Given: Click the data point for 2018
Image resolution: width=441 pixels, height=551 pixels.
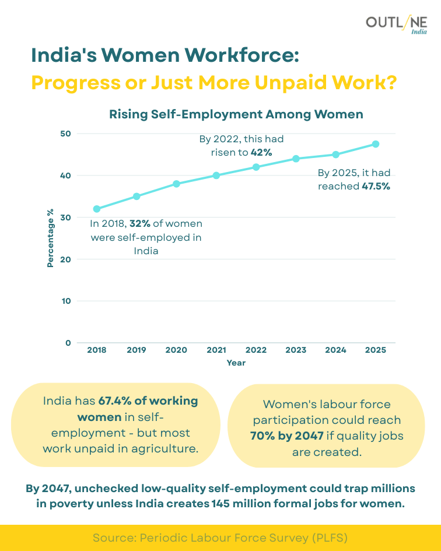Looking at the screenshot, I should point(97,209).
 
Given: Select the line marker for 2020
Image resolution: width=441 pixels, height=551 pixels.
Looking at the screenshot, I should point(176,184).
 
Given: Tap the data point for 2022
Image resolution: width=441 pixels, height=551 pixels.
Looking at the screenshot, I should point(256,167).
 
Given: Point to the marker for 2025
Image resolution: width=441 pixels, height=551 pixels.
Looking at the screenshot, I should point(376,144).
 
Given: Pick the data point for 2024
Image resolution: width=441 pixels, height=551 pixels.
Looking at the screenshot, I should point(336,155).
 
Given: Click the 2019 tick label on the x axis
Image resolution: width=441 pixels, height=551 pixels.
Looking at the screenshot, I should point(136,350).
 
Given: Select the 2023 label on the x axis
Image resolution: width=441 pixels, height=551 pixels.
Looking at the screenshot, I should point(296,350).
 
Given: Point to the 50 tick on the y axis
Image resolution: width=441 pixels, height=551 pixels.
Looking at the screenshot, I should point(65,134).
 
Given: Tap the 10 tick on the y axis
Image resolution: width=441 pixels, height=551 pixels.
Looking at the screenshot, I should point(65,301).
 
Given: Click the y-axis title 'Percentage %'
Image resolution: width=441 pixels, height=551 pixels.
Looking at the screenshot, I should point(50,238).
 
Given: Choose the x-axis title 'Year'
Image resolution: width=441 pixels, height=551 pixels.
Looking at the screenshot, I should point(236,363).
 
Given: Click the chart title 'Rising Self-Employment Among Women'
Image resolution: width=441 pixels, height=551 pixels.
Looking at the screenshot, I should point(236,114).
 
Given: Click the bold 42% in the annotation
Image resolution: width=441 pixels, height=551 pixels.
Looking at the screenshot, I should point(262,153).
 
